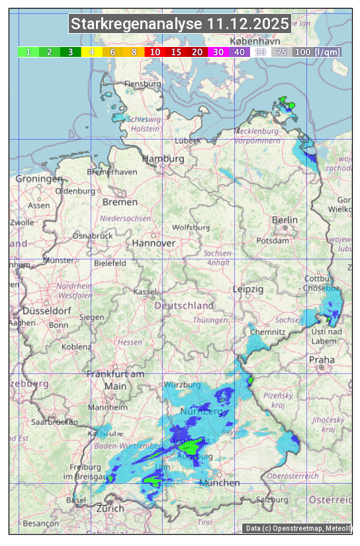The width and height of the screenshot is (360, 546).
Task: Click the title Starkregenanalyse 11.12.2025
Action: pyautogui.click(x=180, y=24)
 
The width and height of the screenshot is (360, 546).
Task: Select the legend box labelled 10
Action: pyautogui.click(x=155, y=52)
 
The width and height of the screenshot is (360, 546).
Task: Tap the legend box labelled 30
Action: pyautogui.click(x=218, y=52)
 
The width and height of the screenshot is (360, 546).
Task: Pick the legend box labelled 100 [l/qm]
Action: pyautogui.click(x=317, y=52)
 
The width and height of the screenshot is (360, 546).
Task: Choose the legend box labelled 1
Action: pyautogui.click(x=28, y=52)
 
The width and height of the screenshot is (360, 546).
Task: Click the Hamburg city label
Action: pyautogui.click(x=163, y=159)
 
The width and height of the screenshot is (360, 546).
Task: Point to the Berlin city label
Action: pyautogui.click(x=285, y=220)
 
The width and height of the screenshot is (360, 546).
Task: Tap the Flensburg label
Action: pyautogui.click(x=143, y=84)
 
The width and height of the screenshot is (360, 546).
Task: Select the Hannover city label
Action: pyautogui.click(x=154, y=243)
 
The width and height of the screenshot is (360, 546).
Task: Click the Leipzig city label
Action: pyautogui.click(x=248, y=289)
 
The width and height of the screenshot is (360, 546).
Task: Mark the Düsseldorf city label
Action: pyautogui.click(x=46, y=310)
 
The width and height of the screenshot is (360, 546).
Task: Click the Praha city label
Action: pyautogui.click(x=322, y=359)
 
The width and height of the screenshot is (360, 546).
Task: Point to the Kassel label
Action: pyautogui.click(x=144, y=292)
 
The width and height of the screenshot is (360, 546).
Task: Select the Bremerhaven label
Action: pyautogui.click(x=112, y=171)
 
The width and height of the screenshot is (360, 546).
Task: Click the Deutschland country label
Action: pyautogui.click(x=184, y=305)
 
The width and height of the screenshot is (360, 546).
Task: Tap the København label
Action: pyautogui.click(x=255, y=41)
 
